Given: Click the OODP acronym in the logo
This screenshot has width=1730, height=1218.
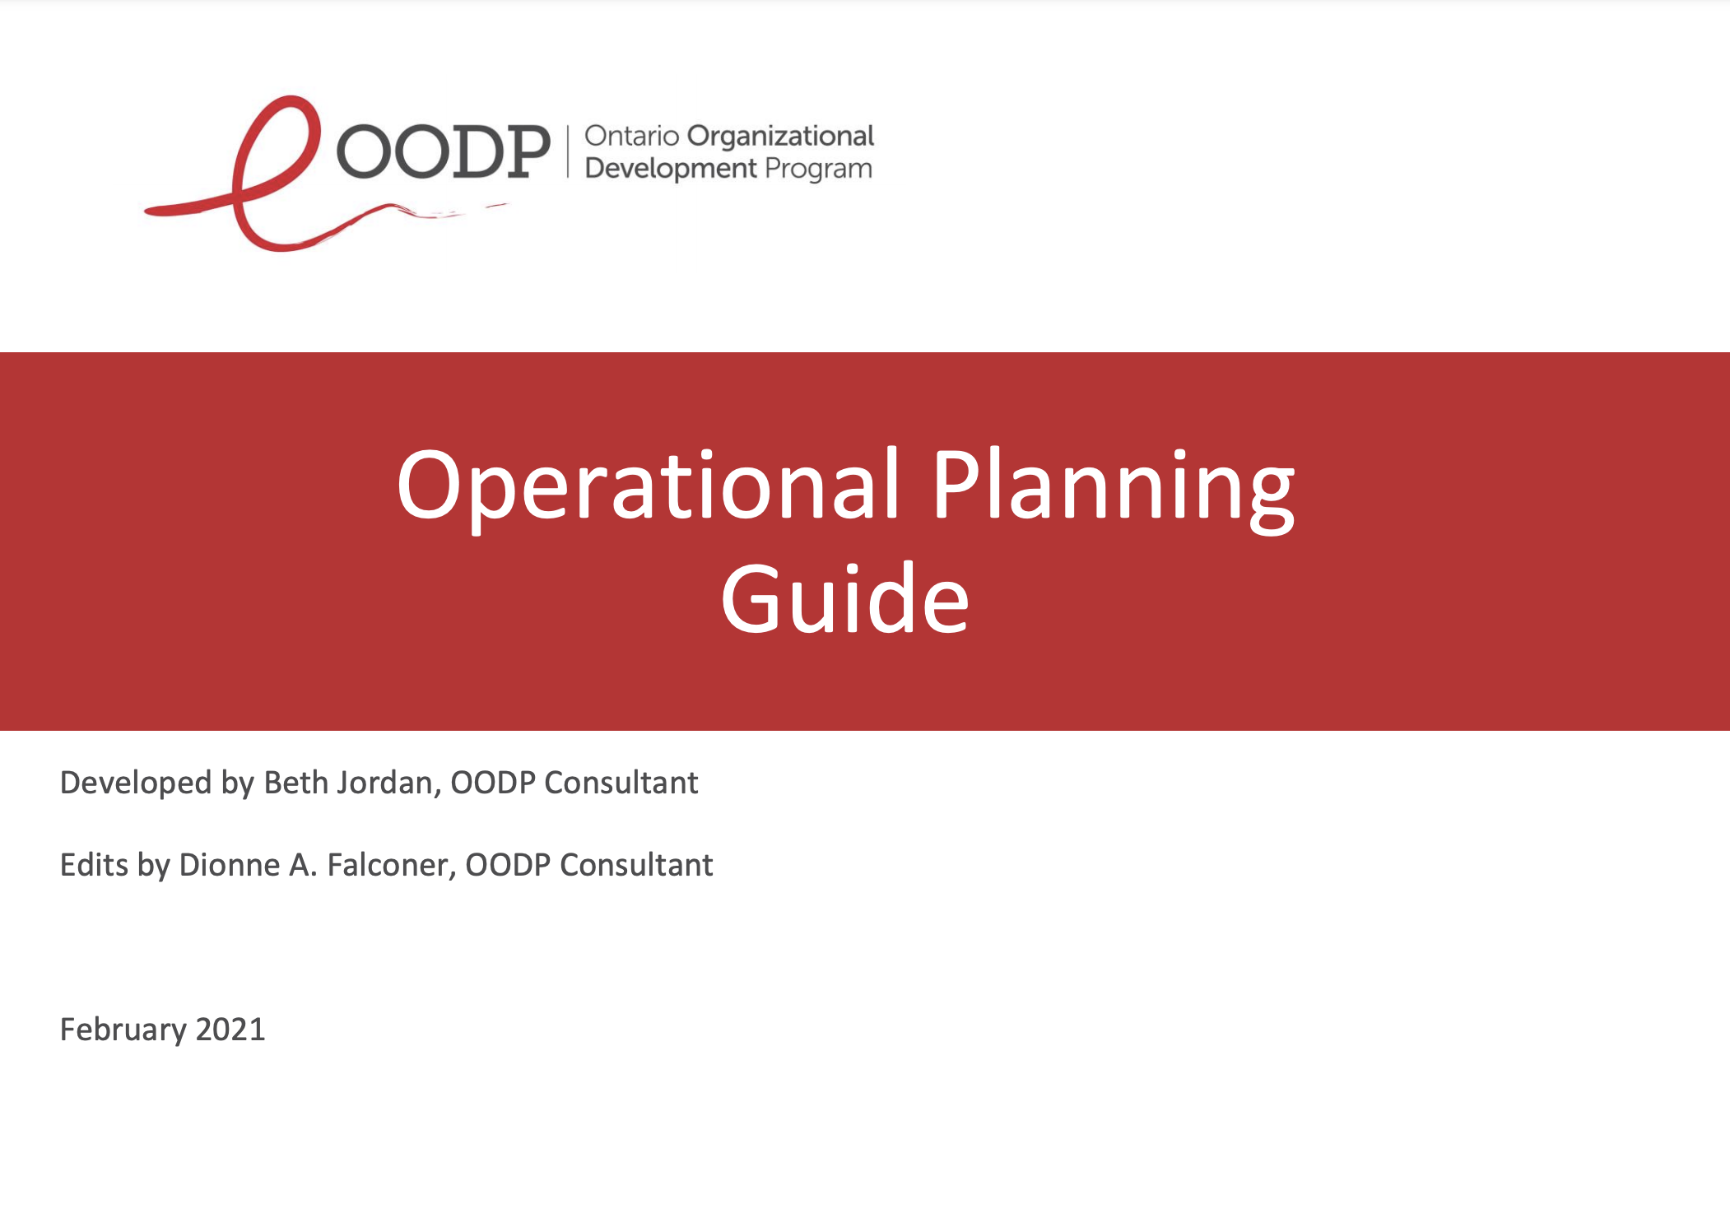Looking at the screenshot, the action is (443, 151).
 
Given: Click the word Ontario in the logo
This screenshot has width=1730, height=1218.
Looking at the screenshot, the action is (632, 136).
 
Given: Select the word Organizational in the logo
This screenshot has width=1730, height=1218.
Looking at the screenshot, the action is (780, 137).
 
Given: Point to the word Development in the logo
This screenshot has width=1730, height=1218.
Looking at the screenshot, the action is (671, 169).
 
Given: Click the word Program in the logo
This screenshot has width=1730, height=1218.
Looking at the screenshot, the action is (818, 170).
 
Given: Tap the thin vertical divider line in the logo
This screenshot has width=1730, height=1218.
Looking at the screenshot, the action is (568, 151).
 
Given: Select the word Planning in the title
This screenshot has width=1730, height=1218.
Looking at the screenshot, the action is (1114, 488).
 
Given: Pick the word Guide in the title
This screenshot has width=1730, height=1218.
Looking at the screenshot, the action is (844, 599).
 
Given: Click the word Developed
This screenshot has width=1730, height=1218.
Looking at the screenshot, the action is (136, 783).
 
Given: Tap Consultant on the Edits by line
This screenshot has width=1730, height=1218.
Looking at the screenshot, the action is (636, 865).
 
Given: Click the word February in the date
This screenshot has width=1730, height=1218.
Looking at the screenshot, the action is (123, 1030).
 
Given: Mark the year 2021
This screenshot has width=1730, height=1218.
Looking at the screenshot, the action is (230, 1030).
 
